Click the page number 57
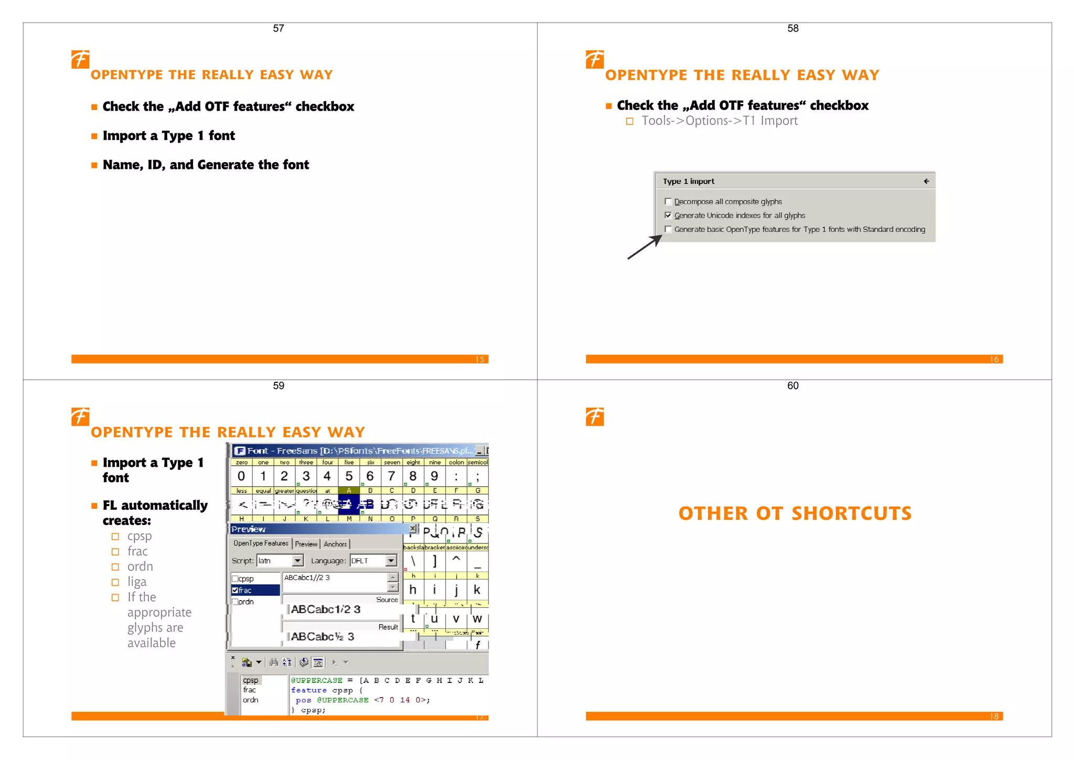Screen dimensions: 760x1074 pyautogui.click(x=278, y=28)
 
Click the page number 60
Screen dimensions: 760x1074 pyautogui.click(x=792, y=386)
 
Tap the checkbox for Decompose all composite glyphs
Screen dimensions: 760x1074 pyautogui.click(x=668, y=201)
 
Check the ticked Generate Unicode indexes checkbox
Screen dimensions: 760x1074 pyautogui.click(x=668, y=215)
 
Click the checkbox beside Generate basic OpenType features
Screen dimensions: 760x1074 pyautogui.click(x=668, y=229)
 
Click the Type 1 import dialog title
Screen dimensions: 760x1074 pyautogui.click(x=688, y=181)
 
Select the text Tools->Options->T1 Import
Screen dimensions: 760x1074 pyautogui.click(x=719, y=121)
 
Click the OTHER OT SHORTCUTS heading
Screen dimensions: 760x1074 pyautogui.click(x=794, y=513)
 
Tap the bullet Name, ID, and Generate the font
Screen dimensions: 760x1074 pyautogui.click(x=206, y=165)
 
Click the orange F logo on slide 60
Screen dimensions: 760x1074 pyautogui.click(x=595, y=417)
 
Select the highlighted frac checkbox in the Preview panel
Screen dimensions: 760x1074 pyautogui.click(x=235, y=590)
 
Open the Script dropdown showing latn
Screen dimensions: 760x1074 pyautogui.click(x=297, y=561)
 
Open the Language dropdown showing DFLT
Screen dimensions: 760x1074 pyautogui.click(x=391, y=561)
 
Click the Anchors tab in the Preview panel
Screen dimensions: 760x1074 pyautogui.click(x=335, y=544)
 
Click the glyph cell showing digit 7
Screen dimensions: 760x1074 pyautogui.click(x=391, y=476)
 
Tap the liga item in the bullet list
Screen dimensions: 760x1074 pyautogui.click(x=137, y=582)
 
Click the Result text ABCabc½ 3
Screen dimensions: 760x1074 pyautogui.click(x=323, y=637)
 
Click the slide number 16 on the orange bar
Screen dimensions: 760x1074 pyautogui.click(x=994, y=359)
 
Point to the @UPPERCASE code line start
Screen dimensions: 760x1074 pyautogui.click(x=317, y=680)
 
